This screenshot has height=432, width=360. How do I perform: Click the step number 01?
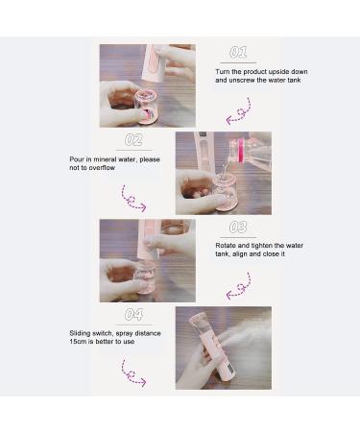238,53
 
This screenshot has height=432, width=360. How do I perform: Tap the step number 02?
134,140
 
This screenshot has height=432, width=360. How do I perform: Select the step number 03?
238,228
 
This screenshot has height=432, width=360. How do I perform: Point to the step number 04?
134,315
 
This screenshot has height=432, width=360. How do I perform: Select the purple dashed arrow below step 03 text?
238,285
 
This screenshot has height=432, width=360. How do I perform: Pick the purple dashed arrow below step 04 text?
133,373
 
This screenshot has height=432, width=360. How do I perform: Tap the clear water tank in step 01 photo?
148,106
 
